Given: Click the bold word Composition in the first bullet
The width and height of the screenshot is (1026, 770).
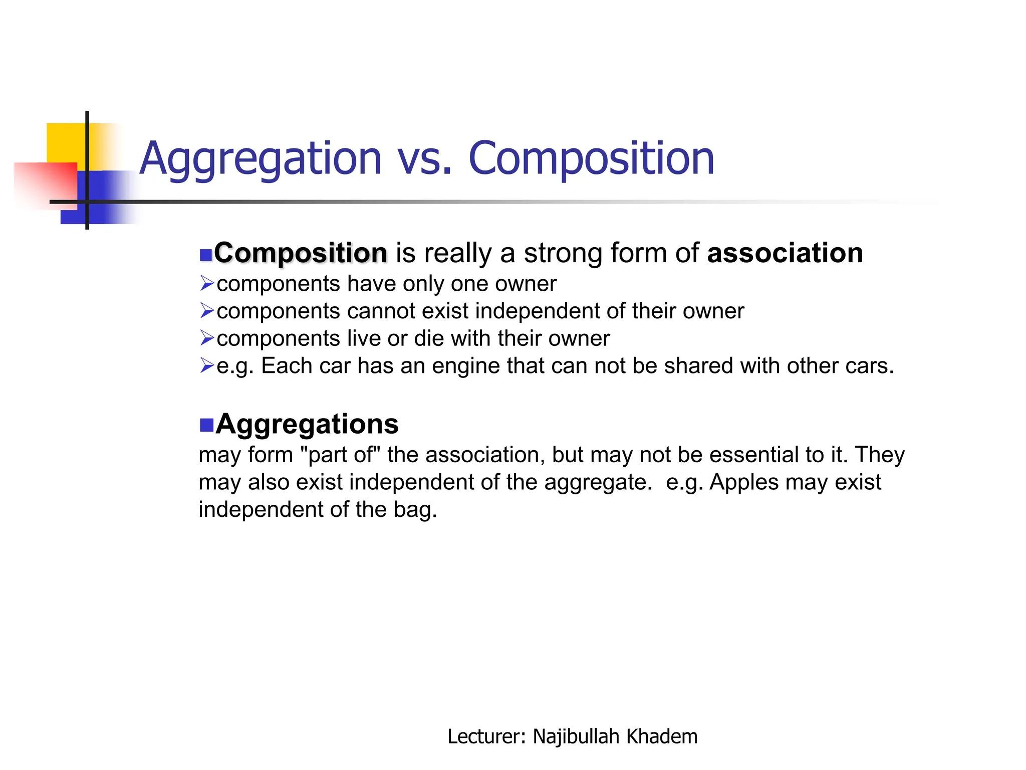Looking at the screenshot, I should click(301, 253).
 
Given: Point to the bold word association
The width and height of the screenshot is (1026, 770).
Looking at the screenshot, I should click(785, 253).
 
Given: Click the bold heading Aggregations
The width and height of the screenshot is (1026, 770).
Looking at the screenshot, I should click(307, 424).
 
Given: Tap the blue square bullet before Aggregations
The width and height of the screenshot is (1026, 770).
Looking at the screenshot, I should click(206, 425).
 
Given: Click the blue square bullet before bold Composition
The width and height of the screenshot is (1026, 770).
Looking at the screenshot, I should click(205, 255).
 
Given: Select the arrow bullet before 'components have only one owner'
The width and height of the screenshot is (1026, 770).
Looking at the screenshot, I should click(207, 283).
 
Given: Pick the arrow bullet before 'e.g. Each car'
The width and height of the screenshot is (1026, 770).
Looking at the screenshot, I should click(207, 365).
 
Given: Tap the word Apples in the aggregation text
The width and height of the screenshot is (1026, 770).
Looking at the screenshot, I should click(744, 482).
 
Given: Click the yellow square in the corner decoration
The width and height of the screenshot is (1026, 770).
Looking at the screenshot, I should click(65, 143).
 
